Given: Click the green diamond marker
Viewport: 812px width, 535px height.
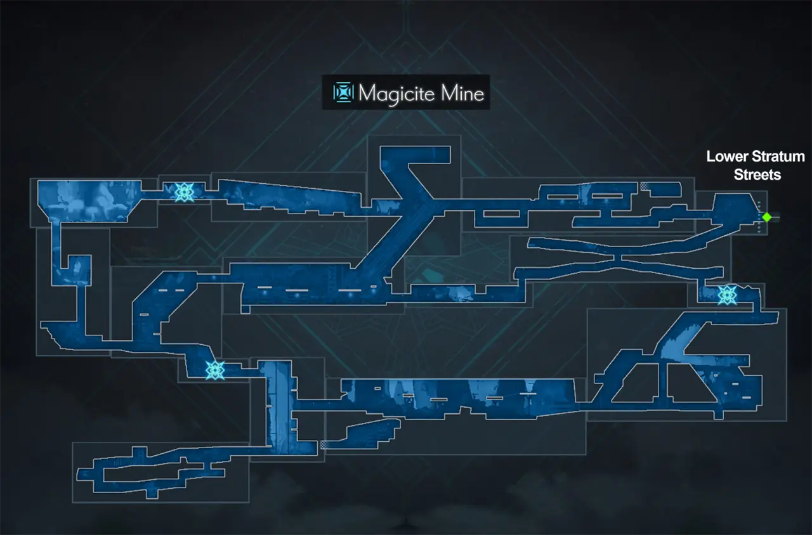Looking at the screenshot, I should [x=766, y=217].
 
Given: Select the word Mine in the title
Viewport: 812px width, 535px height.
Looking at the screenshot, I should [x=462, y=94].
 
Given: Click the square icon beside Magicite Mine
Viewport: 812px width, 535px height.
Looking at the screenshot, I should [x=343, y=93].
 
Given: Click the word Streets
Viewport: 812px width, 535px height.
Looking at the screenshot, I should [x=757, y=174].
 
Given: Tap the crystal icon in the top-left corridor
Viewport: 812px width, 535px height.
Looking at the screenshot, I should [x=183, y=191].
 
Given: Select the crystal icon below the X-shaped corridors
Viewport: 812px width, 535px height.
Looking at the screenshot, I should [x=726, y=294].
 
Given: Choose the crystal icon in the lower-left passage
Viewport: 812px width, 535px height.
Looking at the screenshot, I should [x=215, y=369].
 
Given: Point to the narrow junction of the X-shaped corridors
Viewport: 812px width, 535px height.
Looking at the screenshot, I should [x=620, y=257].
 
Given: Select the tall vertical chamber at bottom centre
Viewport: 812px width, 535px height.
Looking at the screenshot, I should [x=277, y=406].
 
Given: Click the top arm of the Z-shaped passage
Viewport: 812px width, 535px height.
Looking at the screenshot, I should [x=416, y=155].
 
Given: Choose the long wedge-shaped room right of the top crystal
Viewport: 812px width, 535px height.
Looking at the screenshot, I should [x=285, y=195].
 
